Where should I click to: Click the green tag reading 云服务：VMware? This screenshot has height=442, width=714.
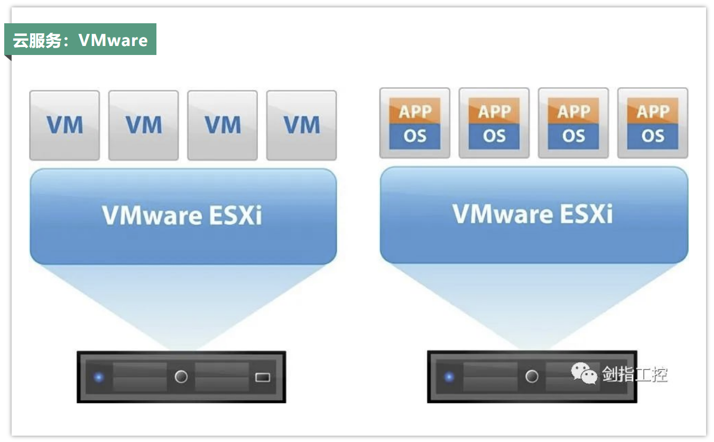(80, 40)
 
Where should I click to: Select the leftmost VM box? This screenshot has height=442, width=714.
(64, 125)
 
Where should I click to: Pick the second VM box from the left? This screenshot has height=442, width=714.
(143, 125)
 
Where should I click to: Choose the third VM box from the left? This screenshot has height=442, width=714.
(222, 125)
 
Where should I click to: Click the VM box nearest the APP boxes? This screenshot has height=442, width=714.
(301, 125)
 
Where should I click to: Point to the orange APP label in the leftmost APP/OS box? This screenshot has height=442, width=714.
(415, 112)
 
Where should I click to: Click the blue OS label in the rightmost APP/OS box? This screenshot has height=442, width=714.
(653, 136)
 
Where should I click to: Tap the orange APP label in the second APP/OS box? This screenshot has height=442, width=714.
(494, 112)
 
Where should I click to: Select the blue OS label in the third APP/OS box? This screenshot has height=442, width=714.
(573, 136)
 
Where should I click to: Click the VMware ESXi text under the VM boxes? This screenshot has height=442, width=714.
(182, 215)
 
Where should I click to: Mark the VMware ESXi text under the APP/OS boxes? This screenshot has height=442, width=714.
(533, 214)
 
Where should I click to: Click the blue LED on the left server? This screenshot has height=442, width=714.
(98, 377)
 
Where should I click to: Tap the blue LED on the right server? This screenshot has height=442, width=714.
(449, 377)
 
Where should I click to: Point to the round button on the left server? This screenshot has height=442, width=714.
(181, 377)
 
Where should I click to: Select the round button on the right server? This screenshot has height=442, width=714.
(532, 376)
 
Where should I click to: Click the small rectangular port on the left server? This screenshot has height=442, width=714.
(263, 377)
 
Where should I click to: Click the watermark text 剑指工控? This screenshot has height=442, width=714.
(635, 374)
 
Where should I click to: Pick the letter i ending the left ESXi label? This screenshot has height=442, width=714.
(257, 216)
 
